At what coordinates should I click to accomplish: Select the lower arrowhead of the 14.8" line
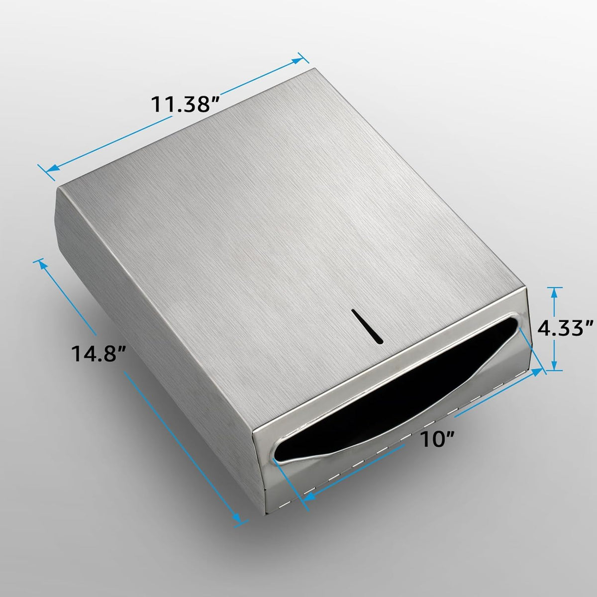[237, 518]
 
